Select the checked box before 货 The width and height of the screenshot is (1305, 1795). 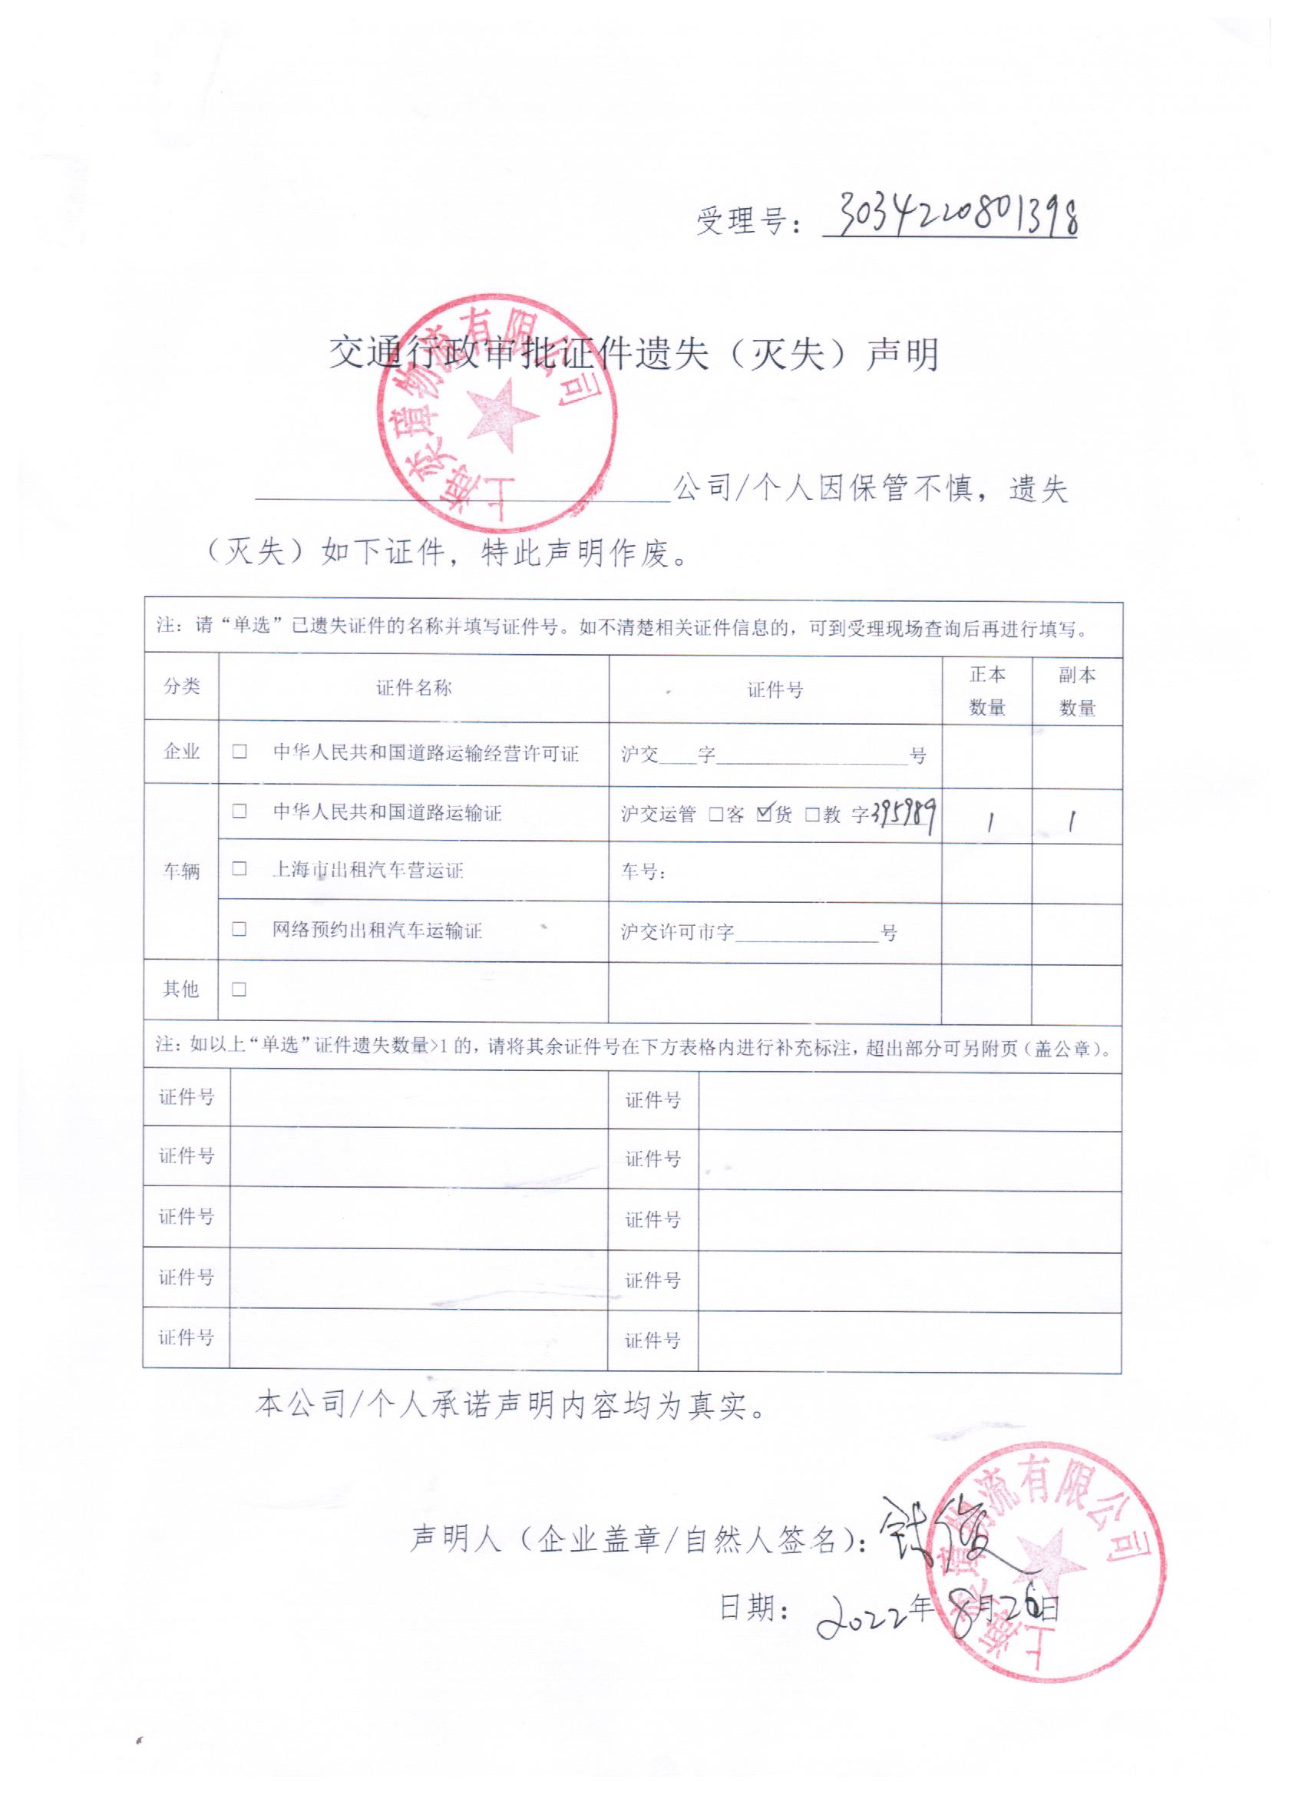[x=764, y=813]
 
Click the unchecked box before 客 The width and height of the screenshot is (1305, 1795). [x=715, y=815]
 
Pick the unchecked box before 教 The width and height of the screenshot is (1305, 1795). [x=812, y=815]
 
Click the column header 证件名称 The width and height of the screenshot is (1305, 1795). [x=413, y=688]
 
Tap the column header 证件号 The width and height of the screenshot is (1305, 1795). [x=775, y=690]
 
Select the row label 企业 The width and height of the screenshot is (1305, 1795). [x=181, y=751]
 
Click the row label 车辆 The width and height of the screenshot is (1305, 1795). [x=181, y=871]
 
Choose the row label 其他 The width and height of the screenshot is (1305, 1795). [x=180, y=989]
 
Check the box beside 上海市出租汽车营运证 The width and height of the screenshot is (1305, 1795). [x=239, y=869]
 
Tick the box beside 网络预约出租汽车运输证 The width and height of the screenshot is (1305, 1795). [x=239, y=928]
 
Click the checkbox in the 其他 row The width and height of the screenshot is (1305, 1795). [x=239, y=990]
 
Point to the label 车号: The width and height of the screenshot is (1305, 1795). [x=643, y=872]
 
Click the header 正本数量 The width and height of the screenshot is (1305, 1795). [x=987, y=690]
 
